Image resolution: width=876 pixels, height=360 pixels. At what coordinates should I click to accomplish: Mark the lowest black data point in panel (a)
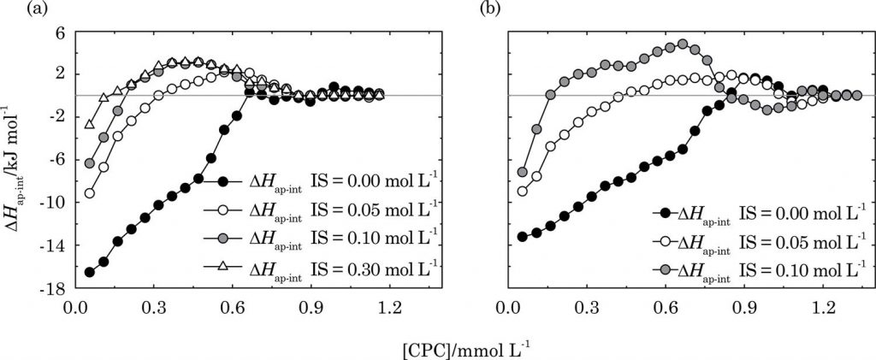click(89, 272)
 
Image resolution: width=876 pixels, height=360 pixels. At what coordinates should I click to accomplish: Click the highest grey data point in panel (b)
click(682, 44)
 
